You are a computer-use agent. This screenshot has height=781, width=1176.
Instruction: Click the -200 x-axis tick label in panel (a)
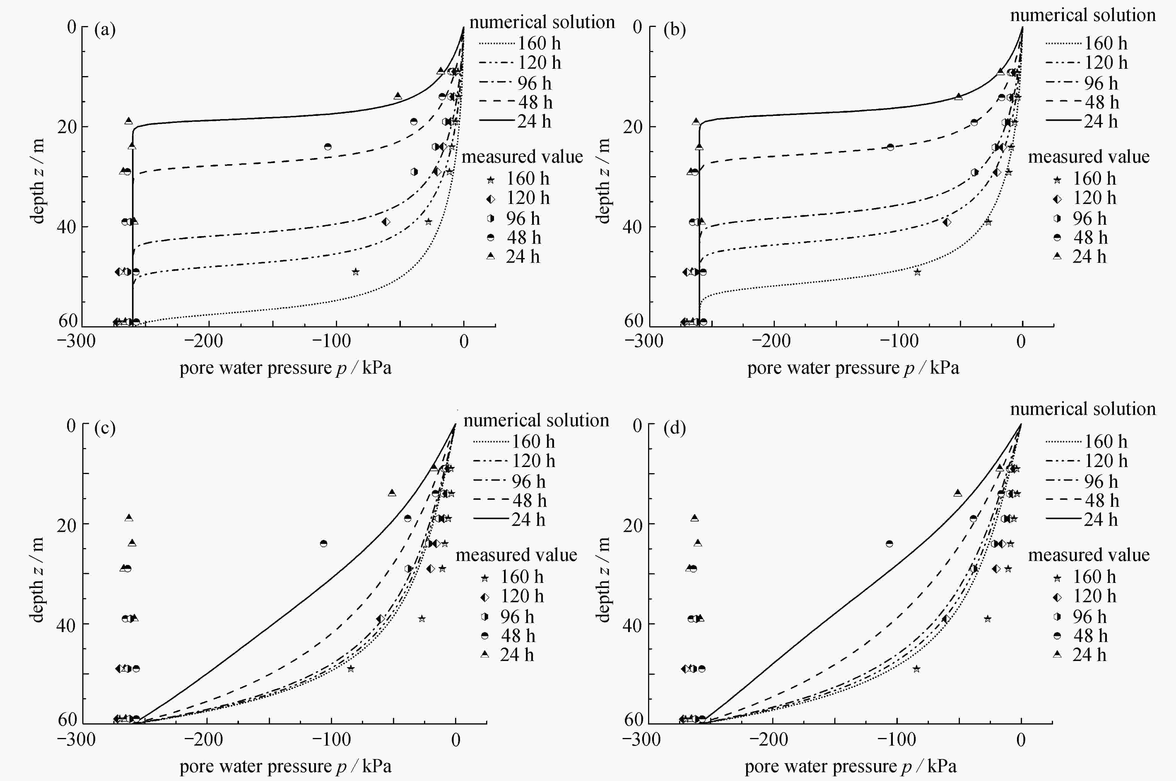(204, 342)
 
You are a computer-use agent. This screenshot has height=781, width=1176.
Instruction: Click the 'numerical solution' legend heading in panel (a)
(542, 23)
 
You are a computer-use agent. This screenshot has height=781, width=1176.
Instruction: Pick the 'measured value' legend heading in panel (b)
(1089, 157)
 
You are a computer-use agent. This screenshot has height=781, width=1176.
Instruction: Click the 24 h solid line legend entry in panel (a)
(496, 121)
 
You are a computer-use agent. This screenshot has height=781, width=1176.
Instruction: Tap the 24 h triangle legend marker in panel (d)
(1057, 655)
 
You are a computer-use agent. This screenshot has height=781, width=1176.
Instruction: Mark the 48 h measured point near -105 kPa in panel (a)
(328, 146)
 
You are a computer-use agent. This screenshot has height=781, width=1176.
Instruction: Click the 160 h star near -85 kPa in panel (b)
(917, 272)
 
